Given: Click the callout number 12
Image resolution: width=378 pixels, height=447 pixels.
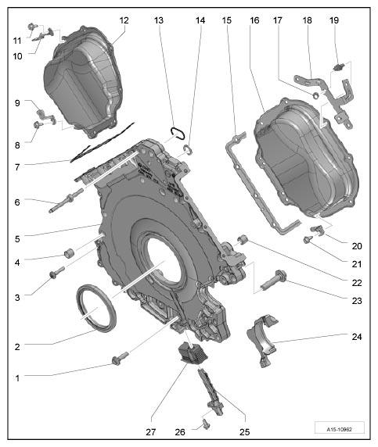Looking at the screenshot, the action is click(124, 20).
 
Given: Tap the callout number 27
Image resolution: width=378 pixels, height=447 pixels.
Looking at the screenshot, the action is click(151, 432).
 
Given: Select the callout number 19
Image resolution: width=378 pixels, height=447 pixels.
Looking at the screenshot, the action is click(334, 20).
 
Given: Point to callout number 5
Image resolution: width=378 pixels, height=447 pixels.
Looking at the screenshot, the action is click(17, 239).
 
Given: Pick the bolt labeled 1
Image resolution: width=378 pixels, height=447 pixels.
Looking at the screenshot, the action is click(121, 359).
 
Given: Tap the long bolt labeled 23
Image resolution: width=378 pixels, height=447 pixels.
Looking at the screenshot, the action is click(272, 281).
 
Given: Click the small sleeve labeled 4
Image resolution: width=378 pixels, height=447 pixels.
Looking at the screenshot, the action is click(70, 253).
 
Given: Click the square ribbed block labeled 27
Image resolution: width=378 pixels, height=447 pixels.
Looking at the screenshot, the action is click(193, 353).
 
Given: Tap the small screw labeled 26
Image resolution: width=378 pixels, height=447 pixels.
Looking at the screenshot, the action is click(206, 424).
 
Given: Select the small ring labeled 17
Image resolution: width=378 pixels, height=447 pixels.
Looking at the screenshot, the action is click(316, 95).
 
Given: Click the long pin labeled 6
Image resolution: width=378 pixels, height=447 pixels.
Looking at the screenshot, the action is click(66, 199).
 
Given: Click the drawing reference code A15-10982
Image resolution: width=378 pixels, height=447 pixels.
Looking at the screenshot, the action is click(339, 429).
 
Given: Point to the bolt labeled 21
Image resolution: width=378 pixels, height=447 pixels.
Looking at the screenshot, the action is click(308, 240).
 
